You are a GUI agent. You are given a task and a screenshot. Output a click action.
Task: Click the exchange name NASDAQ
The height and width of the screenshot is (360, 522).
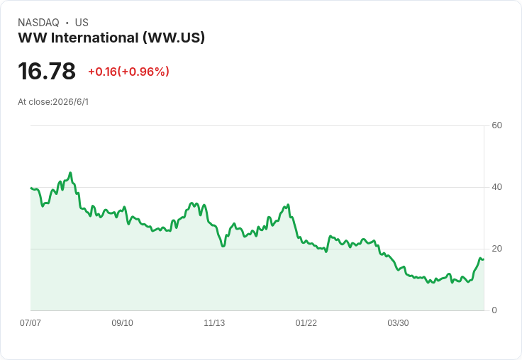pos(38,23)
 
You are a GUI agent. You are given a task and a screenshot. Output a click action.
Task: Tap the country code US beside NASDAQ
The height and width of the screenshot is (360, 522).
pos(82,23)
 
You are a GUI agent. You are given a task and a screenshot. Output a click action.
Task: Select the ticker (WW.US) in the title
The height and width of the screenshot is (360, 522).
pos(174,38)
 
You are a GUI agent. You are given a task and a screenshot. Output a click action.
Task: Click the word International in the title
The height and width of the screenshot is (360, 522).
pos(94,38)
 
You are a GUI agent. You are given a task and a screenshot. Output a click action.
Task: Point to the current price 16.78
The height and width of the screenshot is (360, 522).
pos(47,71)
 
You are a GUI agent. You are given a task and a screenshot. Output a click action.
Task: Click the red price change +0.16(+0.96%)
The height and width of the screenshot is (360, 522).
pos(128,72)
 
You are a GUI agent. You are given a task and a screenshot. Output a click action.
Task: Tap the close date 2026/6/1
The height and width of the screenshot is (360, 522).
pos(71,102)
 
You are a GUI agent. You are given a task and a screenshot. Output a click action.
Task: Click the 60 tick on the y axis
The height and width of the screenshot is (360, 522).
pos(496,125)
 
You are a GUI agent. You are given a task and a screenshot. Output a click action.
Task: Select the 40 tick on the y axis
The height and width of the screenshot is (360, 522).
pos(496,187)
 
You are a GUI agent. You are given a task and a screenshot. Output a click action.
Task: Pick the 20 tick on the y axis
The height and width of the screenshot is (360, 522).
pos(496,249)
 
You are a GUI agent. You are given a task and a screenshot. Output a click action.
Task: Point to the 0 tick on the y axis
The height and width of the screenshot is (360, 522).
pos(494,310)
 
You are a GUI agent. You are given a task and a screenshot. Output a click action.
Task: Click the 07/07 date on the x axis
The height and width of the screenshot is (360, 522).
pos(30,322)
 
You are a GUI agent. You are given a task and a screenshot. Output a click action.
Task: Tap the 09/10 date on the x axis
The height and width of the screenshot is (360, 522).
pos(122,322)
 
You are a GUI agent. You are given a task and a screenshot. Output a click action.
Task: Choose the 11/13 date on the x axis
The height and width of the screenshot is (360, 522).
pos(214,322)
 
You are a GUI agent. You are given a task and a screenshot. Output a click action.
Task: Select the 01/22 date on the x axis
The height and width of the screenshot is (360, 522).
pos(306,322)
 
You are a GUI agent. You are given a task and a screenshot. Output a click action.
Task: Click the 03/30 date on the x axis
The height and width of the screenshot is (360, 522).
pos(398,322)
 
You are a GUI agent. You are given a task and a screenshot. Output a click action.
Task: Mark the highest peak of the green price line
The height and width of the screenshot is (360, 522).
pos(70,173)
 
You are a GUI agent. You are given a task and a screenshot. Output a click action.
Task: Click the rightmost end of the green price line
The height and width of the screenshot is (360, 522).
pos(484,259)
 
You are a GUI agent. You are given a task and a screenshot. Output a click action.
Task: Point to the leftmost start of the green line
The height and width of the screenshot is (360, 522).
pos(30,188)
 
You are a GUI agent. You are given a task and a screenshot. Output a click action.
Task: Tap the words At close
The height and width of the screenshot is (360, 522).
pos(34,102)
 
